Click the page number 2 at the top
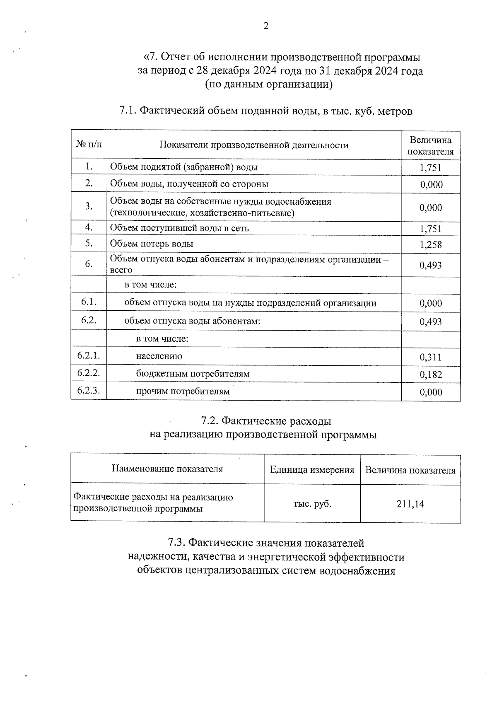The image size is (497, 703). coord(266,26)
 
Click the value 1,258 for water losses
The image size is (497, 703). coord(430,244)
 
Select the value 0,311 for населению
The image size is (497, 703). coord(430,357)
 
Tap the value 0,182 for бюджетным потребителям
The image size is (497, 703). coord(430,374)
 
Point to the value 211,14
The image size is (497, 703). coord(410,504)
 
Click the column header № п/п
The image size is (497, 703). coord(89,144)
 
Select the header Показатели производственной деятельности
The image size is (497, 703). coord(254,145)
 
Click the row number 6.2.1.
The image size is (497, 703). coord(89,355)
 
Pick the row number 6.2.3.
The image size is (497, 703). coord(89,390)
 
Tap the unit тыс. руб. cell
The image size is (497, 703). coord(312,504)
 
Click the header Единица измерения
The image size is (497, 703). coord(312,470)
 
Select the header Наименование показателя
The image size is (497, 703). coord(167,469)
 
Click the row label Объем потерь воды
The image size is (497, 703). coord(152,244)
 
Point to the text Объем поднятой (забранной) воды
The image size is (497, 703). coord(184,167)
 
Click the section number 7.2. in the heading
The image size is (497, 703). coord(210,421)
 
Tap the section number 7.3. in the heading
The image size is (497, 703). coord(177,543)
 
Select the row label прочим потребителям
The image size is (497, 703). coord(183,391)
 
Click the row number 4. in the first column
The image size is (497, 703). coord(89,227)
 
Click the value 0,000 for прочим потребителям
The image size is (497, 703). coord(430,392)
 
